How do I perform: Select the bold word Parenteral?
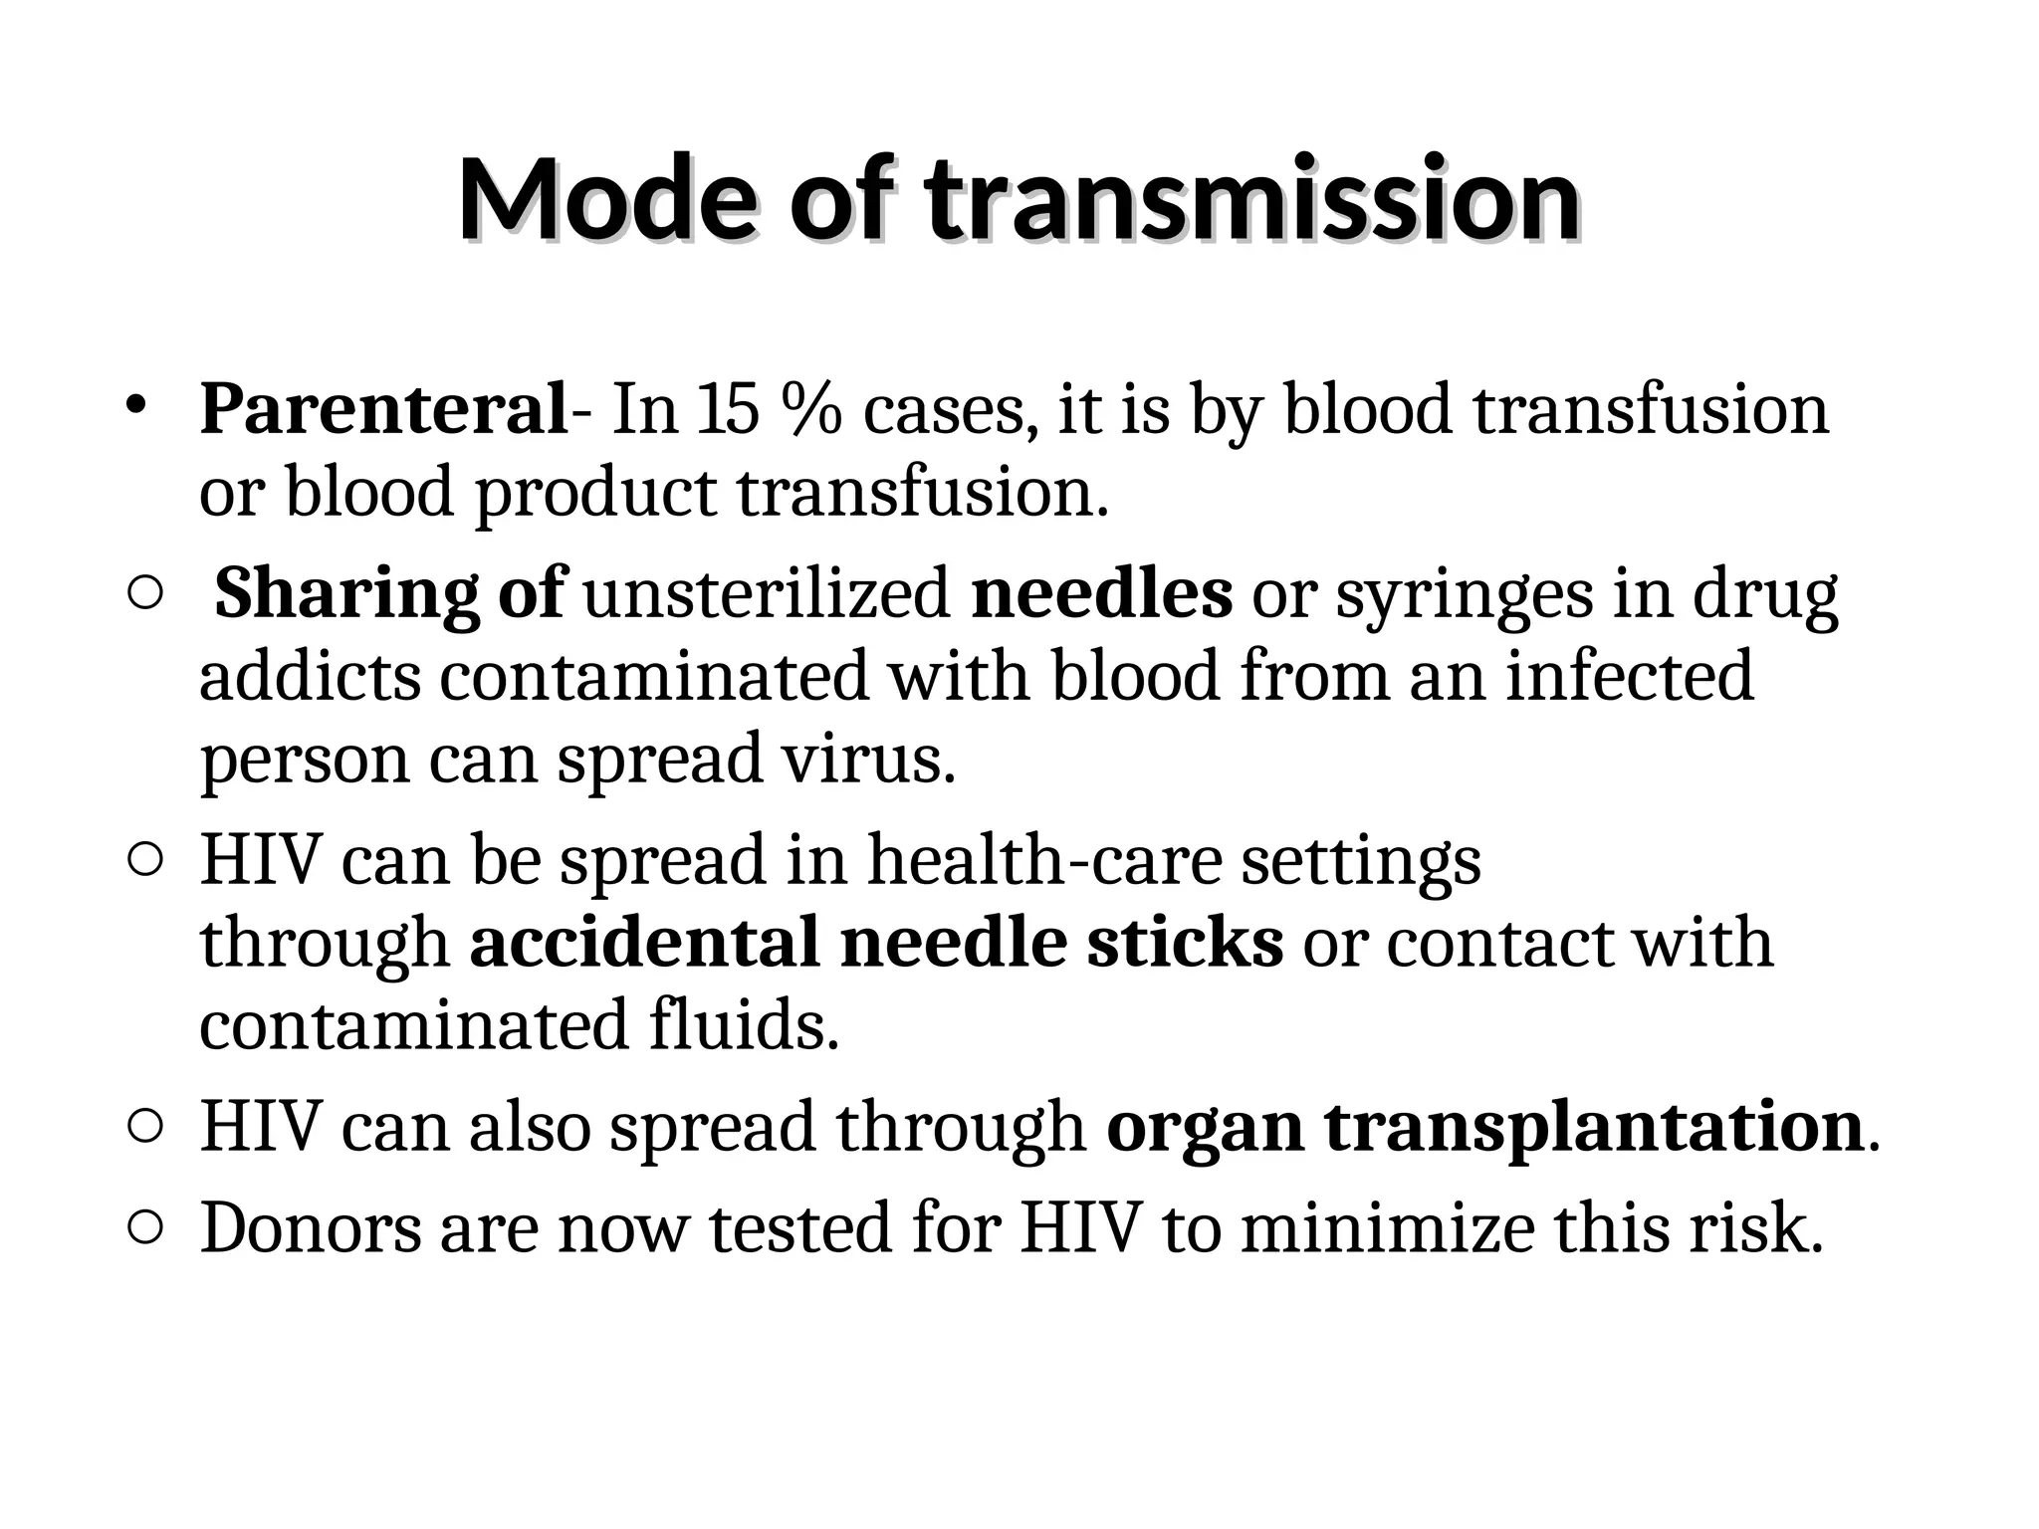[x=383, y=408]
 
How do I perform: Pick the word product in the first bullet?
[x=595, y=492]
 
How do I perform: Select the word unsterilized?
[x=767, y=594]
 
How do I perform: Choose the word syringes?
[x=1464, y=594]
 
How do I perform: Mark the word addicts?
[x=310, y=676]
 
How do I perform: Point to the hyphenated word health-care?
[x=1044, y=860]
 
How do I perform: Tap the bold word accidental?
[x=644, y=943]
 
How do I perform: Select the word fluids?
[x=744, y=1025]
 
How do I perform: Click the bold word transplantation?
[x=1593, y=1127]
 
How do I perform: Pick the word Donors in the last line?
[x=311, y=1228]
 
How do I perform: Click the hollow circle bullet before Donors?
[x=145, y=1229]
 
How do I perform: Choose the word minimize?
[x=1387, y=1228]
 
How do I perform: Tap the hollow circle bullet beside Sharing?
[x=145, y=594]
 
